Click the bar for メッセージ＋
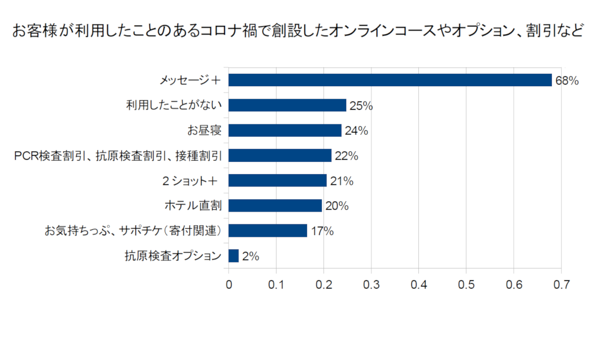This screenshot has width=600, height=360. point(390,80)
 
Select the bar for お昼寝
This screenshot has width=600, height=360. point(285,130)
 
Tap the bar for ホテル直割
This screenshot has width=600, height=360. point(275,206)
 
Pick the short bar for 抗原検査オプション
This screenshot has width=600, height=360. point(234,256)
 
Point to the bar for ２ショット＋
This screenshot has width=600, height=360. point(278,181)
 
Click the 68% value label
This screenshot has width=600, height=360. point(567,81)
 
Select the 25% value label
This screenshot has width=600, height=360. point(361,106)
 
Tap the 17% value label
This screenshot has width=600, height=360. point(322,231)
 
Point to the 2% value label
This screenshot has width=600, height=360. point(250,256)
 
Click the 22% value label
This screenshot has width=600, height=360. point(346,156)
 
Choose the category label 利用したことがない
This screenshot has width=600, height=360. point(174,106)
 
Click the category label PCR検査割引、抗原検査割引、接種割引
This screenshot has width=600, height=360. point(118,156)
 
